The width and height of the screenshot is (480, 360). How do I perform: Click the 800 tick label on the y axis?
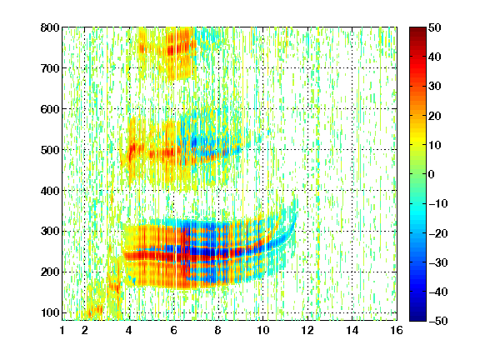pos(50,27)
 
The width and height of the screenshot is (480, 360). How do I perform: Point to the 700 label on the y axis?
pos(50,68)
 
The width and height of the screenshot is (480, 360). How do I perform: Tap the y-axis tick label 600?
pos(50,109)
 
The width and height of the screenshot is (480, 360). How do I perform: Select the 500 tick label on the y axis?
pos(50,150)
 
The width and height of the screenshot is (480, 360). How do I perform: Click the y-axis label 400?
pos(50,191)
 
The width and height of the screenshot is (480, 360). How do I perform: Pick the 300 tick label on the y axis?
pos(50,231)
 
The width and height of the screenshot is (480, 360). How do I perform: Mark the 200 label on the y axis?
pos(50,272)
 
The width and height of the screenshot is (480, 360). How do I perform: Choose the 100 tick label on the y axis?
pos(50,312)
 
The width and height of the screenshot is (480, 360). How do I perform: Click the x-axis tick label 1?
pos(62,330)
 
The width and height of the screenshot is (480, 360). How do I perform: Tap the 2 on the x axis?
pos(85,330)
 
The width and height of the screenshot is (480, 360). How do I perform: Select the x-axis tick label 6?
pos(174,330)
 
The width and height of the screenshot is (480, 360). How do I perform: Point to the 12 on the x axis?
pos(307,330)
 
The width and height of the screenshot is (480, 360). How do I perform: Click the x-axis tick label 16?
pos(397,330)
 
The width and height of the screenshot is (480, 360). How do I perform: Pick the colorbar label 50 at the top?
pos(435,27)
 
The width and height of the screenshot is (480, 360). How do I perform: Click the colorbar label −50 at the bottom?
pos(438,321)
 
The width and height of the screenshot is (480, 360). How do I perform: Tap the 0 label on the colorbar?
pos(432,174)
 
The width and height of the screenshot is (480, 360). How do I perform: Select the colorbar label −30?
pos(438,262)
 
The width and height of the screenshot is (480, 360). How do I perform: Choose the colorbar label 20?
pos(435,116)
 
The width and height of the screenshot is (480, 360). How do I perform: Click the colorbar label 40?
pos(435,57)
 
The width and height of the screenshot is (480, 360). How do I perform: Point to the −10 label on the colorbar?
pos(438,203)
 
